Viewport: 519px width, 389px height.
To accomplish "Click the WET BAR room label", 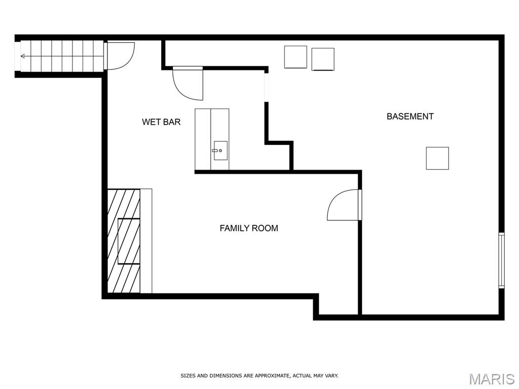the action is [161, 122].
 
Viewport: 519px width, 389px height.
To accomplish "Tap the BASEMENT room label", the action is [410, 116].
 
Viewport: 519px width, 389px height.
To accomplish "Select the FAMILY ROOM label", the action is [249, 228].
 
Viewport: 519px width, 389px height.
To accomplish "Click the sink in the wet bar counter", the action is [220, 150].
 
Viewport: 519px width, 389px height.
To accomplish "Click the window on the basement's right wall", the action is [501, 260].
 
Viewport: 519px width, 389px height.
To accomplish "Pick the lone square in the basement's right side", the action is [437, 159].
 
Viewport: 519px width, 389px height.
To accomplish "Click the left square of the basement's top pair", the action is [295, 57].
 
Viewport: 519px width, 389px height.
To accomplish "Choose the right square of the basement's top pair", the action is [323, 59].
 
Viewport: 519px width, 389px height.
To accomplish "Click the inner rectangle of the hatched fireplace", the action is [129, 241].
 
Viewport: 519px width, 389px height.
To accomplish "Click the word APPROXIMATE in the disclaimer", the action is [273, 376].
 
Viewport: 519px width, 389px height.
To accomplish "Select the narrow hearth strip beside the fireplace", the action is [146, 241].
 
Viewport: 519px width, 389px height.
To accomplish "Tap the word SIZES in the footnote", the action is [188, 376].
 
